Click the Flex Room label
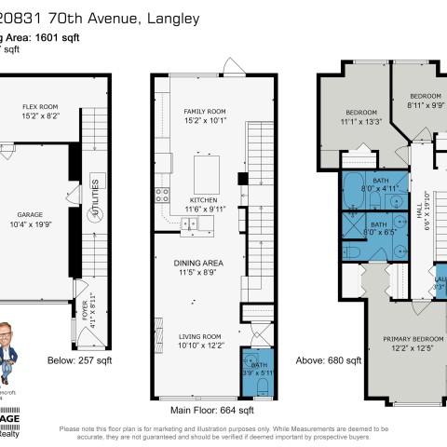tap(40, 107)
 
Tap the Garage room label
tap(27, 214)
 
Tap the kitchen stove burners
tap(161, 196)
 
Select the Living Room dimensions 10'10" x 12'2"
tap(199, 345)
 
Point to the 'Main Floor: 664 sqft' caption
tap(211, 409)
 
